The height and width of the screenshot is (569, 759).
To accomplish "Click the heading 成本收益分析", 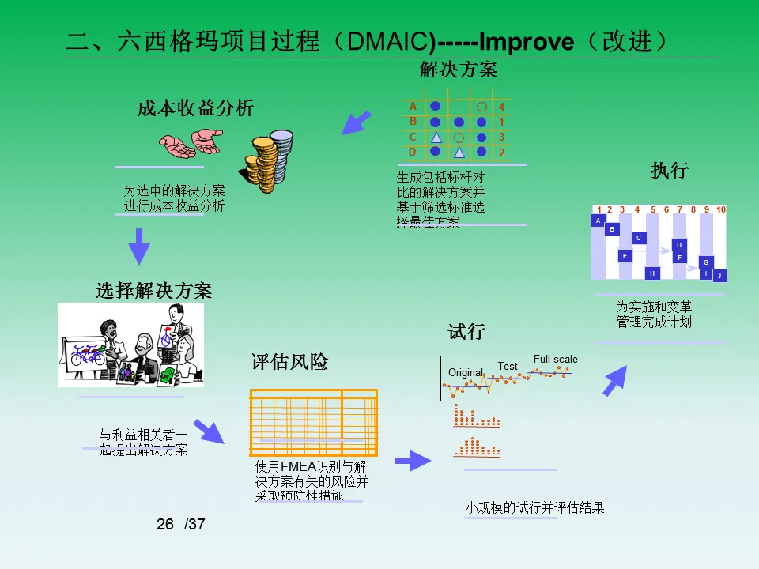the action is click(x=196, y=108).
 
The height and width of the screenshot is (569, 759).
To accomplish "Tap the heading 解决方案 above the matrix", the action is click(x=459, y=70).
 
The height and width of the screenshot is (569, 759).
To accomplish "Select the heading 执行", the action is click(x=669, y=171).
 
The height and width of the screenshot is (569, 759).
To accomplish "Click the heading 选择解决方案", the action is click(x=153, y=290).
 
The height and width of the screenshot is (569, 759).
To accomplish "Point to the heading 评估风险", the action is click(x=289, y=362).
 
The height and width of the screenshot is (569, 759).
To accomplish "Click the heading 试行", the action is click(x=466, y=332).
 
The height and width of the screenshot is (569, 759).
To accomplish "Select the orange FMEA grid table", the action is click(x=313, y=423).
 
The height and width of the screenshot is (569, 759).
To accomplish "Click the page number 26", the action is click(x=164, y=524).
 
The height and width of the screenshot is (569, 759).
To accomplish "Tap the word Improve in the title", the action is click(x=527, y=42).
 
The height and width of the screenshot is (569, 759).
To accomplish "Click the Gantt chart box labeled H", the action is click(x=652, y=273).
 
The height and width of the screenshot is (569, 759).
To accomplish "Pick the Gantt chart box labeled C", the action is click(x=639, y=238).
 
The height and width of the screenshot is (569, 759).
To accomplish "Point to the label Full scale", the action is click(x=555, y=359).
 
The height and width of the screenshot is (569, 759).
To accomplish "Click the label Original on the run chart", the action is click(x=465, y=372).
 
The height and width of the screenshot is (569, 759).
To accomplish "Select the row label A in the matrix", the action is click(x=413, y=106).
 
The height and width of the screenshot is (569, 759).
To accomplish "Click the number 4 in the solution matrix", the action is click(x=501, y=107).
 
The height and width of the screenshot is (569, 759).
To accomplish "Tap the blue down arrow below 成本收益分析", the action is click(x=139, y=247).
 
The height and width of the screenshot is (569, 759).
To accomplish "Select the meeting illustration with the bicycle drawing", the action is click(x=131, y=345).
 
